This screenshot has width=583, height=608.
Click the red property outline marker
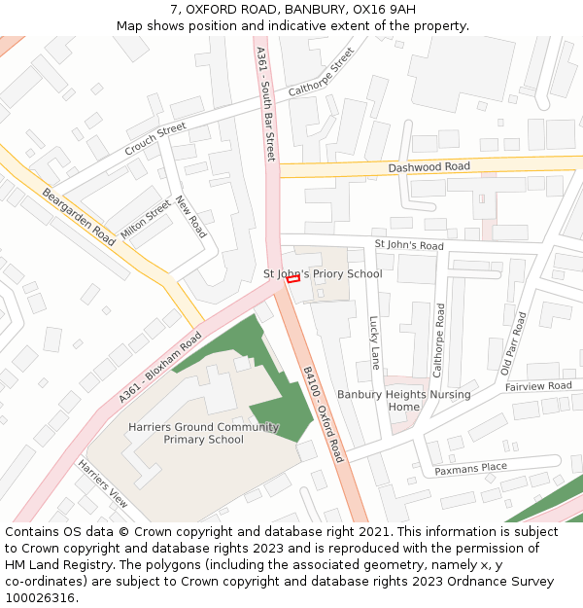[x=293, y=279]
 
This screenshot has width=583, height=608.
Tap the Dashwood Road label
[x=429, y=167]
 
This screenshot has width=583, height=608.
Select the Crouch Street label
[x=154, y=140]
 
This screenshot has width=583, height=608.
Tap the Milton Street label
[x=146, y=220]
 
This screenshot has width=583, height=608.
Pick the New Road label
[x=191, y=217]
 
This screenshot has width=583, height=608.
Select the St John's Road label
[x=409, y=245]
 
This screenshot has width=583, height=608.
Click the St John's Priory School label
[x=323, y=274]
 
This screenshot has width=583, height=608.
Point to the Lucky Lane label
[x=375, y=342]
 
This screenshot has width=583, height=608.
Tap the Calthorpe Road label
[x=439, y=340]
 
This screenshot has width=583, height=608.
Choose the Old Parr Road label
[x=512, y=343]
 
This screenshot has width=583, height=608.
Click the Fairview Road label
[x=538, y=386]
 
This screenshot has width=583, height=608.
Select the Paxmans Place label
[x=470, y=468]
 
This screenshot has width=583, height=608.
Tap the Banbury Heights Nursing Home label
[x=403, y=400]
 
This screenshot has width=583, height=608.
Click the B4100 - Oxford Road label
[x=324, y=414]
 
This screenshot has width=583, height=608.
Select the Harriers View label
[x=103, y=483]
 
